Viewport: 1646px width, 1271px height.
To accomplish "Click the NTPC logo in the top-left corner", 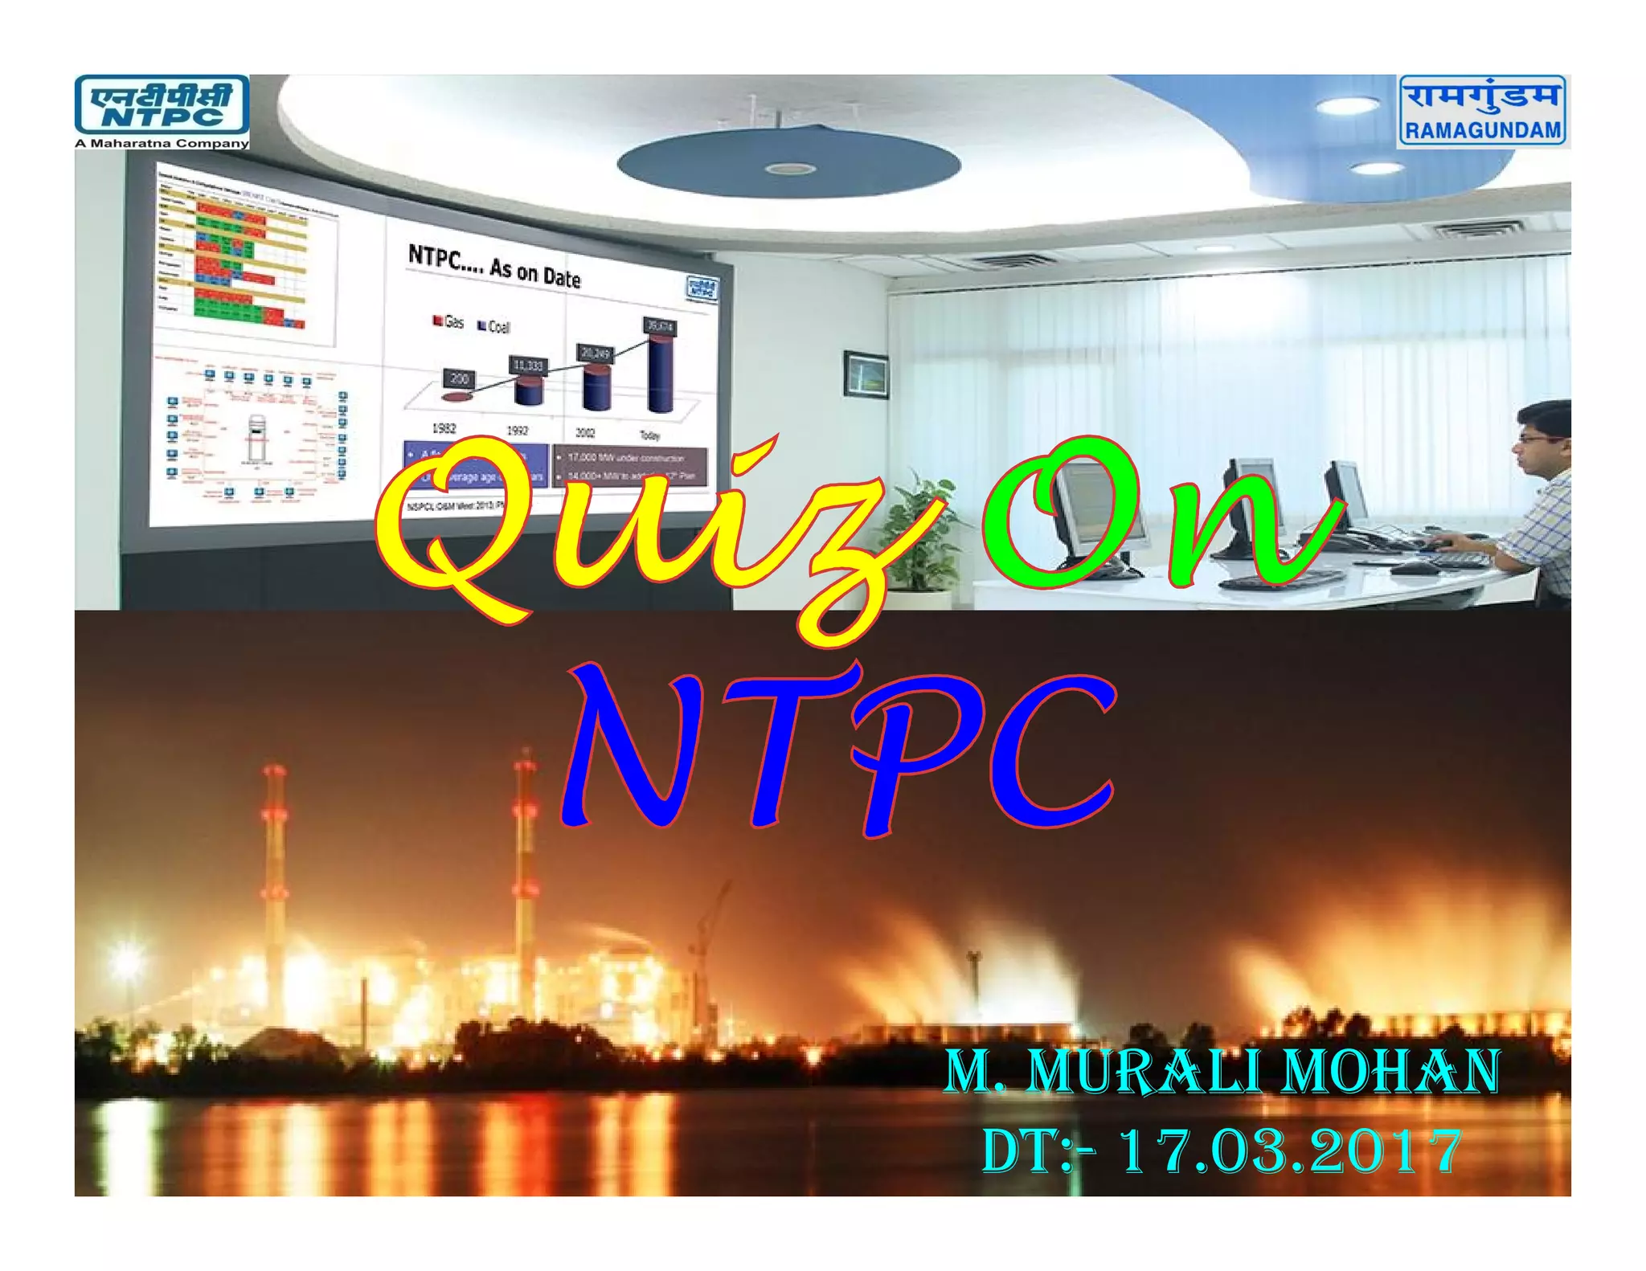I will coord(162,104).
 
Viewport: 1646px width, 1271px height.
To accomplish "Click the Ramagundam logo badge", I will coord(1483,111).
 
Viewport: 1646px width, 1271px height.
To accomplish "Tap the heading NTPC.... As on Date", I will coord(493,266).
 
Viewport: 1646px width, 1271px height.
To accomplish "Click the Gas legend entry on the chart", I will coord(448,322).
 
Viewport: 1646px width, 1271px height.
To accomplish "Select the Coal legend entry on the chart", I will coord(493,326).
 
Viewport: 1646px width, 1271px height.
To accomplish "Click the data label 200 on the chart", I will coord(459,378).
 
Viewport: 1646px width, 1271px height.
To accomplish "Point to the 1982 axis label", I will coord(444,428).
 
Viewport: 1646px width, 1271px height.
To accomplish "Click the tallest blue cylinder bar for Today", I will coord(661,374).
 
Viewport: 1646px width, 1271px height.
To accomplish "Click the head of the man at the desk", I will coord(1543,438).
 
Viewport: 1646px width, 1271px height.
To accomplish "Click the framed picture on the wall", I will coord(866,374).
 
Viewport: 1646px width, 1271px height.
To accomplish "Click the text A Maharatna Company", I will coord(162,144).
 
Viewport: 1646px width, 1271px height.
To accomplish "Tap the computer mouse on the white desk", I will coord(1415,567).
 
